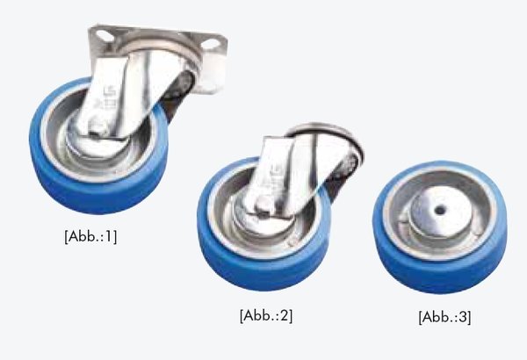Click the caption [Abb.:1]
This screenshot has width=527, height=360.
pyautogui.click(x=90, y=236)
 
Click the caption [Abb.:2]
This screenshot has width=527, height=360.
pyautogui.click(x=266, y=315)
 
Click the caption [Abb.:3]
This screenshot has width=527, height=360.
pyautogui.click(x=444, y=317)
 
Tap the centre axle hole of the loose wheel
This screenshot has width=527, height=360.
pyautogui.click(x=440, y=211)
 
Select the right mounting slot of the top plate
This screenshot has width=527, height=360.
pyautogui.click(x=210, y=44)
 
